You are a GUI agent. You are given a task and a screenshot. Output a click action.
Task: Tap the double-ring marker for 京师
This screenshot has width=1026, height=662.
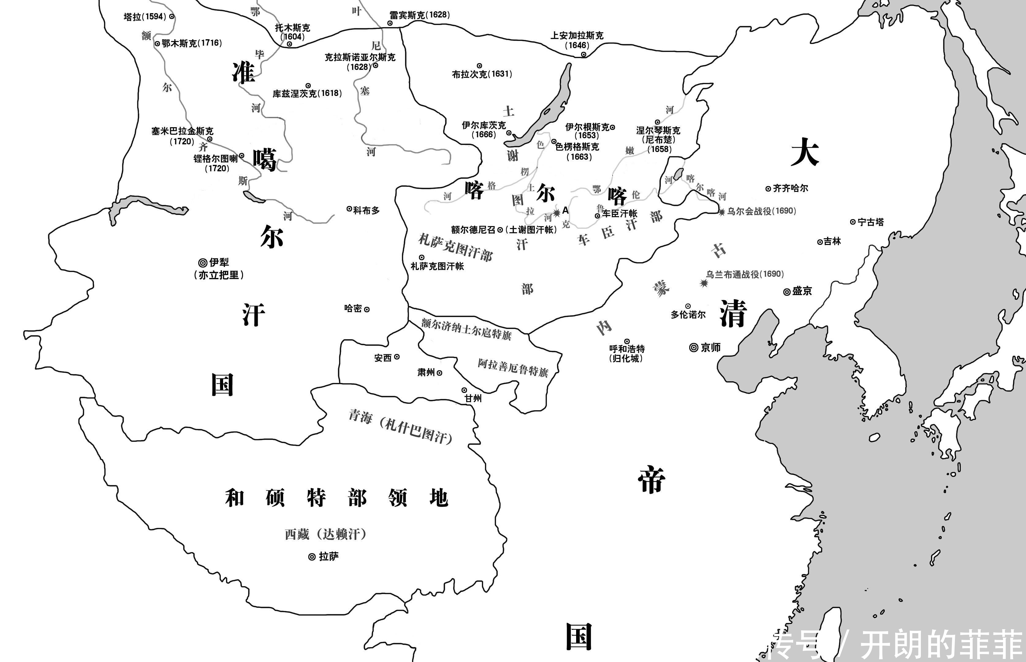pyautogui.click(x=693, y=347)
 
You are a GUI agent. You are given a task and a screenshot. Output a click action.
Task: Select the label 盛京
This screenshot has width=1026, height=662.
pyautogui.click(x=802, y=291)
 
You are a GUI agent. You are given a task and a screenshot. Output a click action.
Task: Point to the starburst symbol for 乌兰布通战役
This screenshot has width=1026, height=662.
pyautogui.click(x=704, y=283)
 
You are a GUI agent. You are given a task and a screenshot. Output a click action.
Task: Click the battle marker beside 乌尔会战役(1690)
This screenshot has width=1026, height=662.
pyautogui.click(x=722, y=211)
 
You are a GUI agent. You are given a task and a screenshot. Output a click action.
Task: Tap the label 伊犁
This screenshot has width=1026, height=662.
pyautogui.click(x=219, y=262)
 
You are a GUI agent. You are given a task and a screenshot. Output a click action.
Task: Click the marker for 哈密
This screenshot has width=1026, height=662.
pyautogui.click(x=367, y=309)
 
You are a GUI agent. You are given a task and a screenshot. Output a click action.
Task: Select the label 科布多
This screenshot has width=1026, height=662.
pyautogui.click(x=366, y=210)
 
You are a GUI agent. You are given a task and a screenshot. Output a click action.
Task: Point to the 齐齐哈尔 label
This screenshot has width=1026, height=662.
pyautogui.click(x=790, y=188)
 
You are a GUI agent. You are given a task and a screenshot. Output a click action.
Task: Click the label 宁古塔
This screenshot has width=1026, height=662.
pyautogui.click(x=870, y=222)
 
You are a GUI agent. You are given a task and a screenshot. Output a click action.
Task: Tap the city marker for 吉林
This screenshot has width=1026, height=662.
pyautogui.click(x=820, y=242)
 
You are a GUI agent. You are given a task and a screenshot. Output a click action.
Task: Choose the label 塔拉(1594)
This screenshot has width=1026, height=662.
pyautogui.click(x=145, y=17)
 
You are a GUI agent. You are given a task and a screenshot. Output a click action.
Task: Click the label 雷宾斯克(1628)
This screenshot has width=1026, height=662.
pyautogui.click(x=420, y=15)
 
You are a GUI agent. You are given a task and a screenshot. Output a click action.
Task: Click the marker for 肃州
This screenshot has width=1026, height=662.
pyautogui.click(x=439, y=373)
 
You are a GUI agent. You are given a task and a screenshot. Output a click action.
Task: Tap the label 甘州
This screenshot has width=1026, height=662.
pyautogui.click(x=473, y=398)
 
